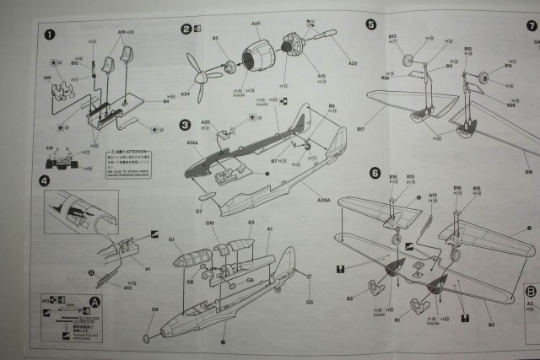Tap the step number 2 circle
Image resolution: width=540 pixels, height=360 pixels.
coord(186,29)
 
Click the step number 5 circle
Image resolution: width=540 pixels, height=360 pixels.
coord(371,24)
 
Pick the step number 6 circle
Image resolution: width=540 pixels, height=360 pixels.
coord(375,173)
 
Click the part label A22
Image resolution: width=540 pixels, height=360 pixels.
coord(353,63)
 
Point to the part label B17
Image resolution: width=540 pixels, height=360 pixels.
coord(360,130)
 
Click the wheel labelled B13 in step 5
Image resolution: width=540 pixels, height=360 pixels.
coord(408,60)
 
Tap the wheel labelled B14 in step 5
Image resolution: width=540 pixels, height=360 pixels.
coord(484,78)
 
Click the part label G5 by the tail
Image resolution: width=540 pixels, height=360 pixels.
coord(310,301)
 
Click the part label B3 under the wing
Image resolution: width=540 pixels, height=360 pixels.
coord(489,321)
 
